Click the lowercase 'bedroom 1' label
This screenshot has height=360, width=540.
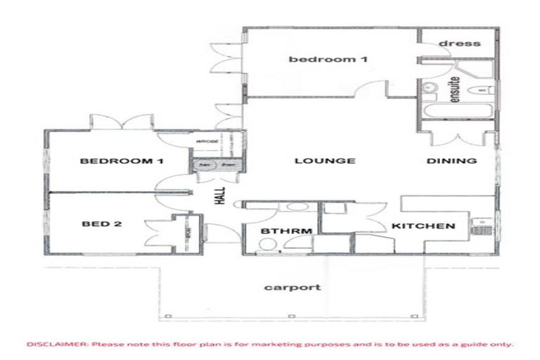click(328, 59)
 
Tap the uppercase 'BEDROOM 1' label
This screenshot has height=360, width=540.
click(122, 161)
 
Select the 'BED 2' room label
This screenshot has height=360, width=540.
click(102, 224)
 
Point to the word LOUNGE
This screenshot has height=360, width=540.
click(324, 161)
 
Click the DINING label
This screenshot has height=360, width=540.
click(451, 161)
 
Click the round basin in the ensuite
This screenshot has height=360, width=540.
click(431, 87)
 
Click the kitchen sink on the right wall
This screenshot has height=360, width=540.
click(482, 224)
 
